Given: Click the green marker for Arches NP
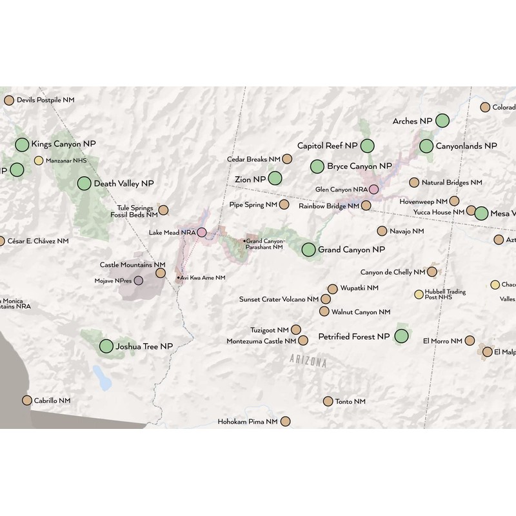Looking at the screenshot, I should pos(442,120).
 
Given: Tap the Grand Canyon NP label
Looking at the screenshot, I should pos(352,249).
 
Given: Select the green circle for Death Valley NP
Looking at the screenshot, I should pos(84,183).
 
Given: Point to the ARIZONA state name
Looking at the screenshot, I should pos(308,361).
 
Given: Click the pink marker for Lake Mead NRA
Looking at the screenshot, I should pos(202,232).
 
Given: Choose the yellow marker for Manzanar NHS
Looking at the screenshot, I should pos(39,161).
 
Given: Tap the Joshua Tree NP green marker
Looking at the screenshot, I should pos(106,346).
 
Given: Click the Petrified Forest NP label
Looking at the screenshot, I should pos(354,336).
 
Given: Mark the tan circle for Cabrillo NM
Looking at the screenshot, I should pos(26,401).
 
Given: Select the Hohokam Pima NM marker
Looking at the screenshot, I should pos(285,421).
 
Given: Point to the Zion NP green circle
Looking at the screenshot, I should pos(275,178).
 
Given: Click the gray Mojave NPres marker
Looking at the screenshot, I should pos(139,281).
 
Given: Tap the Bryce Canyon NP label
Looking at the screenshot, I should pos(359,166).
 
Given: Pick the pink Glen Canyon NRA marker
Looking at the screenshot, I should pos(373,189).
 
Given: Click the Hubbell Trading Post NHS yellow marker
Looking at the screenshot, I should pos(419,295).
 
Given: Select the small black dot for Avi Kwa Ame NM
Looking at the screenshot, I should pos(179,277).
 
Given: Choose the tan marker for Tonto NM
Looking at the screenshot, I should pos(328,401).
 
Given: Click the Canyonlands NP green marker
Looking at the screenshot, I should pos(426,146).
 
